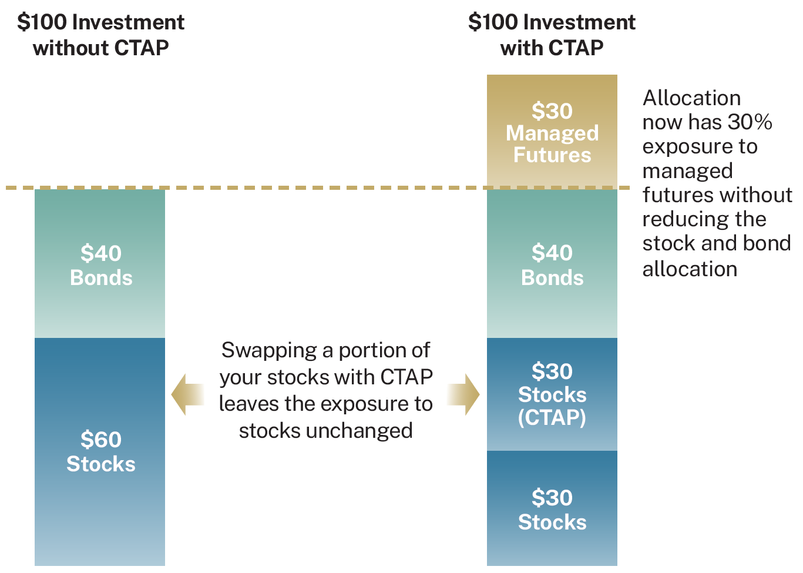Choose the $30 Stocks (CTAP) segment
[x=552, y=394]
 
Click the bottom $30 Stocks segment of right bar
[x=552, y=508]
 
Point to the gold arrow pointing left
[x=187, y=394]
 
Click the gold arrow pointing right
[x=463, y=394]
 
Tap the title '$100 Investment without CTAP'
[x=100, y=35]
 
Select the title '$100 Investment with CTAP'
[x=552, y=35]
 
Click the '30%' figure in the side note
[x=750, y=122]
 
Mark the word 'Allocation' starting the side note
[x=691, y=98]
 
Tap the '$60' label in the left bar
[x=100, y=439]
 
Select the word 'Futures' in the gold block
[x=552, y=155]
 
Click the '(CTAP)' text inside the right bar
[x=552, y=417]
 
